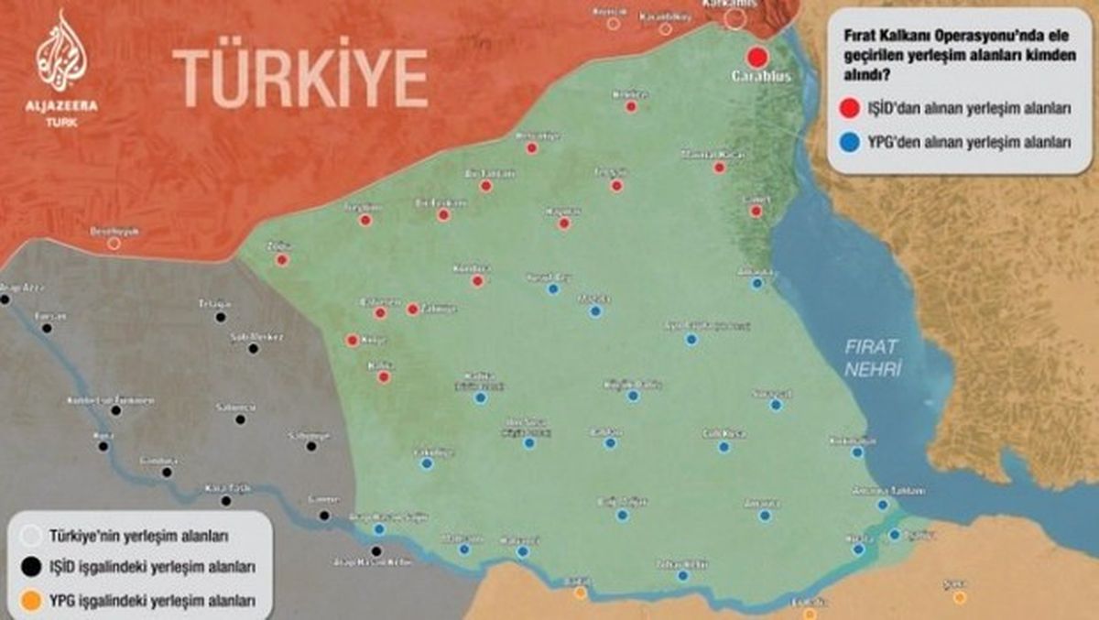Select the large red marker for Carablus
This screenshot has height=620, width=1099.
coord(756,55)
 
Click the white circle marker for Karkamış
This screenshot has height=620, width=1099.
coord(734,18)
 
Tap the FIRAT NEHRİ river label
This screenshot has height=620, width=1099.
coord(873,357)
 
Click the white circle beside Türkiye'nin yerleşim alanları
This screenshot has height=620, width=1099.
coord(31,535)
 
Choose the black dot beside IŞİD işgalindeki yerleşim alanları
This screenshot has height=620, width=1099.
coord(31,568)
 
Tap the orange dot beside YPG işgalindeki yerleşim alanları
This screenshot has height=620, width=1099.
coord(31,601)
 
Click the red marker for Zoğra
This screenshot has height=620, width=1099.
coord(282,260)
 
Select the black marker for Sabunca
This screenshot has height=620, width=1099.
coord(240,419)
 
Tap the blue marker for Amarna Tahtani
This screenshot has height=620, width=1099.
coord(882,505)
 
